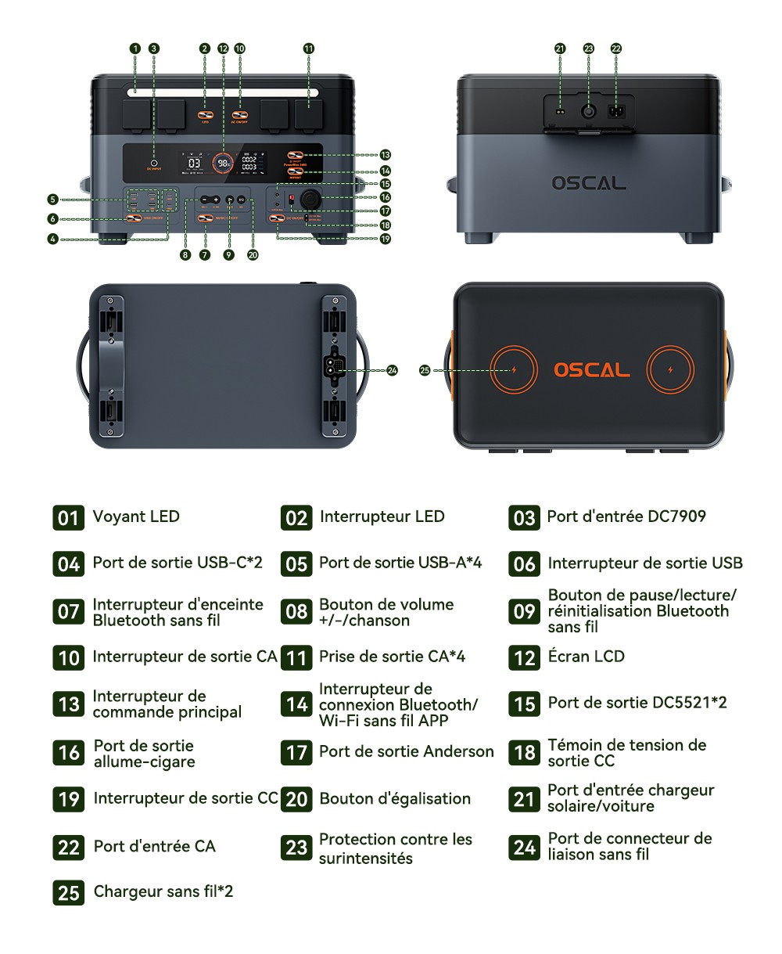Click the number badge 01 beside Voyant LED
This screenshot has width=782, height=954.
(69, 517)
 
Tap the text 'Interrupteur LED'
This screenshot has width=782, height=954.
(382, 517)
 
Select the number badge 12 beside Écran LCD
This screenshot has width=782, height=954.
(524, 657)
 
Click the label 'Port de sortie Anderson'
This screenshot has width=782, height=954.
(406, 752)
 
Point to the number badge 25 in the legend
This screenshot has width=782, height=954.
(69, 892)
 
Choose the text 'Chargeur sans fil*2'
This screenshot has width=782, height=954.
(163, 891)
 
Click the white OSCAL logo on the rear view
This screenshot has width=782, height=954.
(589, 183)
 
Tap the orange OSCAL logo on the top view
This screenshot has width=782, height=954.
(591, 370)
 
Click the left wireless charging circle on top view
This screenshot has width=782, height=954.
(514, 370)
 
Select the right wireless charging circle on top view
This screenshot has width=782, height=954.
(670, 370)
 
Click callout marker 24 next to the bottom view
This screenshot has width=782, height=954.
(392, 370)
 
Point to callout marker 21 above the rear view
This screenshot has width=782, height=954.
(560, 49)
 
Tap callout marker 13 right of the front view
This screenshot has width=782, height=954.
(386, 155)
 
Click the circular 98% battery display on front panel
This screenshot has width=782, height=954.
(224, 163)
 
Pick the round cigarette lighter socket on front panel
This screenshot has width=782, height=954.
(307, 197)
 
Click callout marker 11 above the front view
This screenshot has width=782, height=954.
(309, 49)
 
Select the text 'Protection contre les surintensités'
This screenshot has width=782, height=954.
(395, 848)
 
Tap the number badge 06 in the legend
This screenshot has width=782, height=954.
(524, 563)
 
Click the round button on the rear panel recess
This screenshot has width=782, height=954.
(588, 111)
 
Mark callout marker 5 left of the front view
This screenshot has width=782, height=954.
(53, 200)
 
